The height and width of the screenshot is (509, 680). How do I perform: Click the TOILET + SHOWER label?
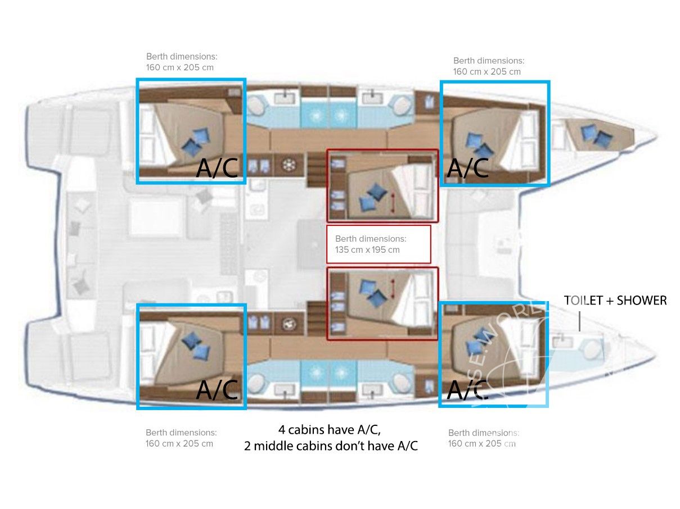coord(615,301)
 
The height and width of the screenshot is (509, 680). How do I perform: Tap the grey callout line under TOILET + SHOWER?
coord(579,321)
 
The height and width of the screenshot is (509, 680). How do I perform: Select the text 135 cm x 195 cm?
coord(367,249)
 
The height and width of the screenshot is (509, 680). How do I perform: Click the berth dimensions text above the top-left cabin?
coord(181,62)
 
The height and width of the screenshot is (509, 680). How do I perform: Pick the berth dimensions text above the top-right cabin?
coord(488,66)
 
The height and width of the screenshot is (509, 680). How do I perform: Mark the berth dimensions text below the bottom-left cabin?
coord(181,438)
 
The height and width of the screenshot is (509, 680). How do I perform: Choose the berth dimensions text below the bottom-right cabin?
coord(483,438)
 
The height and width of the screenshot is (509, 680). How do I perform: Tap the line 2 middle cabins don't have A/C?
coord(331,447)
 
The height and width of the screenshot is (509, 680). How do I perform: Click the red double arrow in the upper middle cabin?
coord(393,202)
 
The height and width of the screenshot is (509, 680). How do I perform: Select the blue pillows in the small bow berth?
coord(596,135)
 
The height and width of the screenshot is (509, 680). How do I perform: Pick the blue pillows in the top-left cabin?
coord(196,140)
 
